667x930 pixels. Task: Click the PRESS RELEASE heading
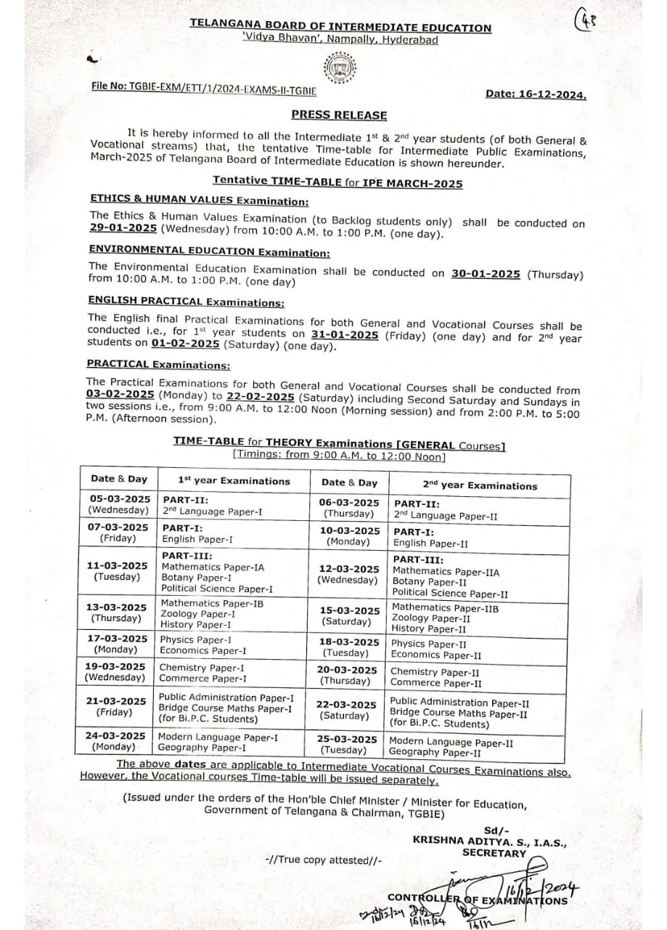(339, 115)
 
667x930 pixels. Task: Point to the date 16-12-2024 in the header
(536, 94)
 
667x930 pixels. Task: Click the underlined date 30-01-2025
(486, 274)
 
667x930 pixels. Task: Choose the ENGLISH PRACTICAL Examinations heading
(186, 301)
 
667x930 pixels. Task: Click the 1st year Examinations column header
(234, 481)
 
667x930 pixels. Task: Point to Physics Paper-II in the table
(429, 644)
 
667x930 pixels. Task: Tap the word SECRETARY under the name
(494, 853)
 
